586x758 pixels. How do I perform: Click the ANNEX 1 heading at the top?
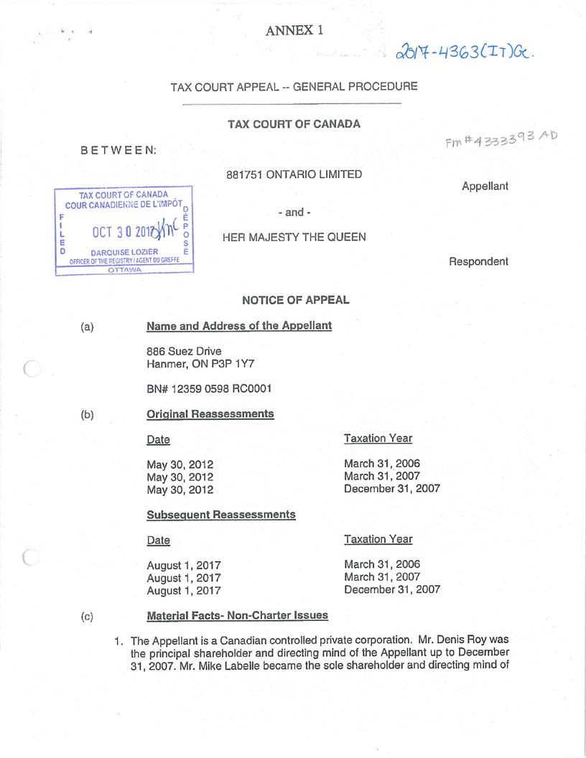pyautogui.click(x=294, y=30)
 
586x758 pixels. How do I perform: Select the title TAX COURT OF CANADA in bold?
pyautogui.click(x=294, y=124)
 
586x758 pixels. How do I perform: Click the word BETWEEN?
pyautogui.click(x=118, y=151)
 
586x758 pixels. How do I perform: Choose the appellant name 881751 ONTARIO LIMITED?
pyautogui.click(x=294, y=174)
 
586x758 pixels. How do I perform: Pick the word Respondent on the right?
pyautogui.click(x=478, y=261)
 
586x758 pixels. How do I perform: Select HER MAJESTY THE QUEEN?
pyautogui.click(x=294, y=237)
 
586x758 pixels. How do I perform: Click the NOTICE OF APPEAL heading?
pyautogui.click(x=295, y=300)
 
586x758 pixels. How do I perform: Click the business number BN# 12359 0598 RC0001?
pyautogui.click(x=208, y=389)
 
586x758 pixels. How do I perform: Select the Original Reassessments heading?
pyautogui.click(x=210, y=414)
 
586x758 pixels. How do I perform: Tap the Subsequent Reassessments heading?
pyautogui.click(x=220, y=515)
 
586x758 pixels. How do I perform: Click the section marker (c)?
pyautogui.click(x=87, y=616)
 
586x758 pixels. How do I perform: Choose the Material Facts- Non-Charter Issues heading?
pyautogui.click(x=237, y=616)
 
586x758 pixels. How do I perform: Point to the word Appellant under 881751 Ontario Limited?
pyautogui.click(x=485, y=186)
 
